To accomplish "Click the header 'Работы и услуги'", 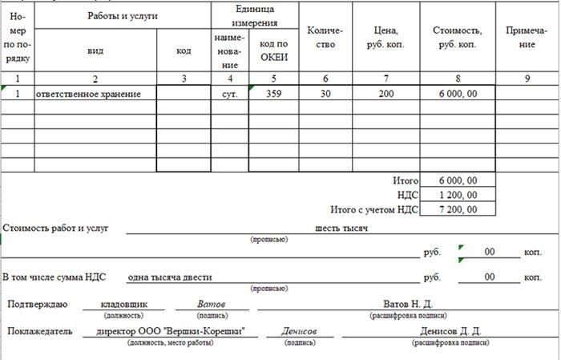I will pos(123,16).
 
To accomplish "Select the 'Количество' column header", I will pos(325,37).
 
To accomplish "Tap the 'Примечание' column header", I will pos(527,37).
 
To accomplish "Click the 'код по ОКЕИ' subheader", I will pos(273,50).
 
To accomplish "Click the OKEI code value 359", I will pos(273,94).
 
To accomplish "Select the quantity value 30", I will pos(325,94).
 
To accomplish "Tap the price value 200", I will pos(386,94).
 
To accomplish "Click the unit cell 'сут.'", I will pos(230,94).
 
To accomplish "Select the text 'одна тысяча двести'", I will pos(170,277).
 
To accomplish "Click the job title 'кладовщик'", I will pos(123,305).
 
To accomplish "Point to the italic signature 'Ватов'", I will pos(212,305).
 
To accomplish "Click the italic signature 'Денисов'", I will pos(299,331).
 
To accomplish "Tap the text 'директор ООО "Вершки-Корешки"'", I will pos(170,331).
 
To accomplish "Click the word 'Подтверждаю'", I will pos(38,305).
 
